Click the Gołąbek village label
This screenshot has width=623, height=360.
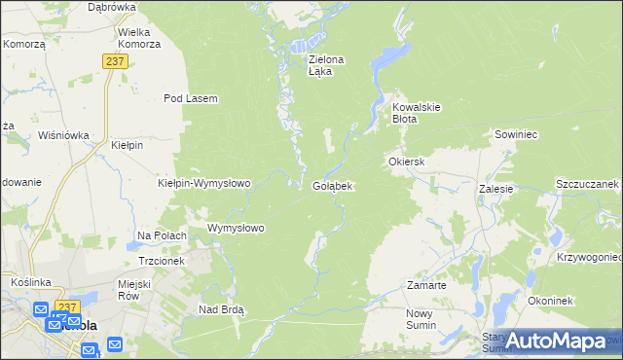click(333, 185)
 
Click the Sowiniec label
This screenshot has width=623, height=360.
click(517, 133)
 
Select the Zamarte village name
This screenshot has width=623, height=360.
click(426, 286)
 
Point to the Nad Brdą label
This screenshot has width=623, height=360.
click(221, 309)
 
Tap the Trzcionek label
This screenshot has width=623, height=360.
click(162, 261)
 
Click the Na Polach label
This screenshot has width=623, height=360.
click(162, 235)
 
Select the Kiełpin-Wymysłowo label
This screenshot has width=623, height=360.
click(204, 183)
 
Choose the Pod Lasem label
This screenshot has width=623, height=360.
click(190, 98)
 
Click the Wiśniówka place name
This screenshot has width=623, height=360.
click(63, 135)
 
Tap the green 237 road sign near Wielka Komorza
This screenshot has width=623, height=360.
click(115, 60)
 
